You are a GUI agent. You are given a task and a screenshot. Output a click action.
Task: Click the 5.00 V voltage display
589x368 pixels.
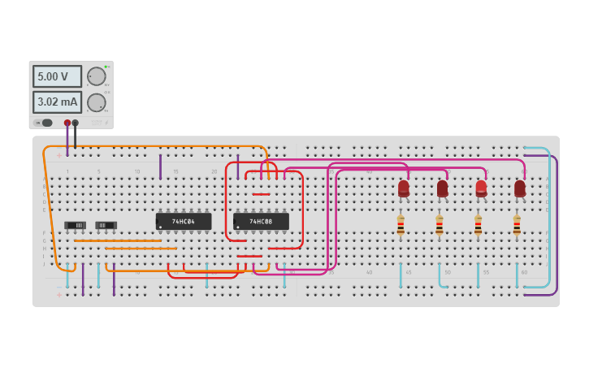(57, 76)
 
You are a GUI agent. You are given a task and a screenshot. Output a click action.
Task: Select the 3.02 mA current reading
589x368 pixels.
(57, 102)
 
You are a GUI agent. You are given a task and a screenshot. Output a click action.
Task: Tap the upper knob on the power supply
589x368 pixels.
(97, 76)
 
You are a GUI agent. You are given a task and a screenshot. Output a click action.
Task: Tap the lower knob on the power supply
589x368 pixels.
(97, 102)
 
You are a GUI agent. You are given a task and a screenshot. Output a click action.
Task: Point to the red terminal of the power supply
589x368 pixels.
(67, 123)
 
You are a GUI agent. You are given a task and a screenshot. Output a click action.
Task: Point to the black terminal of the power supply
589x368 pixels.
(76, 123)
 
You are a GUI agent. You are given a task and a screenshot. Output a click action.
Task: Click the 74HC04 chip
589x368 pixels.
(184, 221)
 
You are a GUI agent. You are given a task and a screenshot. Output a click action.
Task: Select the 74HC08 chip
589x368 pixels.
(261, 221)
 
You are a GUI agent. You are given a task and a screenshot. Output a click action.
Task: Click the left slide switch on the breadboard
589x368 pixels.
(75, 225)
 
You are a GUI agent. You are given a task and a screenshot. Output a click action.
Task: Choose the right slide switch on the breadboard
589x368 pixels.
(106, 225)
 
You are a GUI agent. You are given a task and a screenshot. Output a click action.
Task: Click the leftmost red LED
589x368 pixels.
(404, 188)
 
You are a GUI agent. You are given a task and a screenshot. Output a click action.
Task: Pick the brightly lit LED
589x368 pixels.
(481, 188)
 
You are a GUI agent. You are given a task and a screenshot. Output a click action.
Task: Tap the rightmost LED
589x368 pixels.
(520, 188)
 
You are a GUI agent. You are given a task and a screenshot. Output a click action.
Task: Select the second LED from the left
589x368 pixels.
(442, 188)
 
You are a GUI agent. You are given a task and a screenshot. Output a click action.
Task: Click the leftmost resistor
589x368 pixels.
(401, 225)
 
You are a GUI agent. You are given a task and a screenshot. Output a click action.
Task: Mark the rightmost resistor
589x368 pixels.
(517, 225)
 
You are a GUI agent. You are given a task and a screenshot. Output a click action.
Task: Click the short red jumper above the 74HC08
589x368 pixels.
(261, 194)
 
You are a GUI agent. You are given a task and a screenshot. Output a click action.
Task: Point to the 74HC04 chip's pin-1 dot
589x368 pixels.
(160, 227)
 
